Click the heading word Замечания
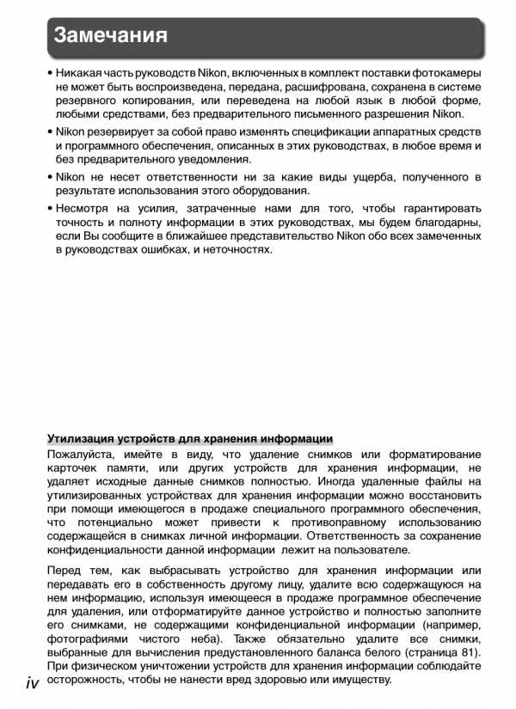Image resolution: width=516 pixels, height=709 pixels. tap(109, 36)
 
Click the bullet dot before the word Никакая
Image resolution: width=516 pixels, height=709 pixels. tap(51, 74)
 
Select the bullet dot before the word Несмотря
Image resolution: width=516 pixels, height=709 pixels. tap(51, 209)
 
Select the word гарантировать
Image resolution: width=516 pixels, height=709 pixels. tap(434, 209)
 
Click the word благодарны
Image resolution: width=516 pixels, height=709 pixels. tap(443, 223)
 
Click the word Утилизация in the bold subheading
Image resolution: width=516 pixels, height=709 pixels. tap(83, 438)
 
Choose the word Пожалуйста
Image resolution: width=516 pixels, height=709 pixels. tap(84, 454)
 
